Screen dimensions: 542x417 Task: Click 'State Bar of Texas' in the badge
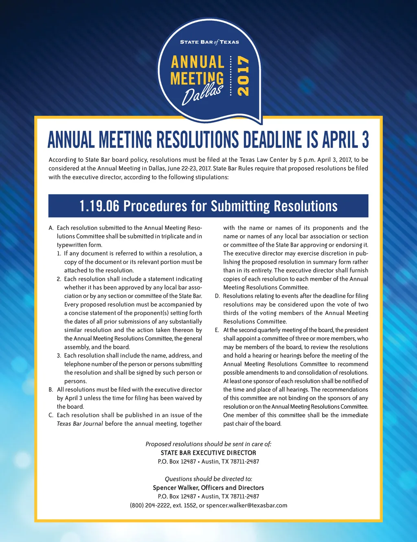pyautogui.click(x=209, y=42)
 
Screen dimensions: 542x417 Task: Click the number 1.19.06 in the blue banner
pyautogui.click(x=99, y=206)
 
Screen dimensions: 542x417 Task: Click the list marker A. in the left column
pyautogui.click(x=51, y=228)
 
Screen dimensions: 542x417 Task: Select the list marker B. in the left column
pyautogui.click(x=51, y=390)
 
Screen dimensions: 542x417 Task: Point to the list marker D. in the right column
pyautogui.click(x=217, y=296)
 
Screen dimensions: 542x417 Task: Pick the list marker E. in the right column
pyautogui.click(x=217, y=330)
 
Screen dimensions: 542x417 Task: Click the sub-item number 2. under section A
pyautogui.click(x=59, y=279)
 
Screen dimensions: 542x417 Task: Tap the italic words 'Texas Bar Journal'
pyautogui.click(x=80, y=424)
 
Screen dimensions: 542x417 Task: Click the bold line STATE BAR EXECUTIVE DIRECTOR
pyautogui.click(x=208, y=453)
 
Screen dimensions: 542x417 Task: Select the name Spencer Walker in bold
pyautogui.click(x=176, y=488)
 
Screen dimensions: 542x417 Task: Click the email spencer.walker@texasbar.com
pyautogui.click(x=246, y=505)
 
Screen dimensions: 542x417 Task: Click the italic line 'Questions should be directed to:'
pyautogui.click(x=208, y=479)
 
